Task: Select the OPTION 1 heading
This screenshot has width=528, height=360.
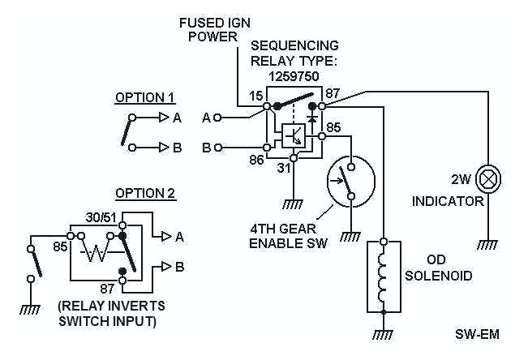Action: [x=145, y=98]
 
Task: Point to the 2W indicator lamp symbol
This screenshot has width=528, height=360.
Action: [x=487, y=178]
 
